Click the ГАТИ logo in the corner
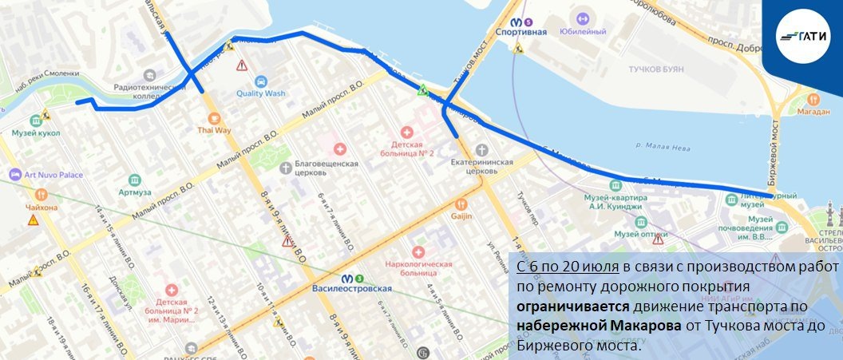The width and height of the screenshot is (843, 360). tap(802, 37)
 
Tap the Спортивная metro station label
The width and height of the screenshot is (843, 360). tap(520, 31)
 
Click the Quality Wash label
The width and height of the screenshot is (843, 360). tap(260, 93)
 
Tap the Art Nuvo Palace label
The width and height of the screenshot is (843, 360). tap(53, 174)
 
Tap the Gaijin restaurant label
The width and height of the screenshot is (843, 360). tap(461, 216)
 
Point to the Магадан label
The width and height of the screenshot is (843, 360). tap(813, 113)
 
